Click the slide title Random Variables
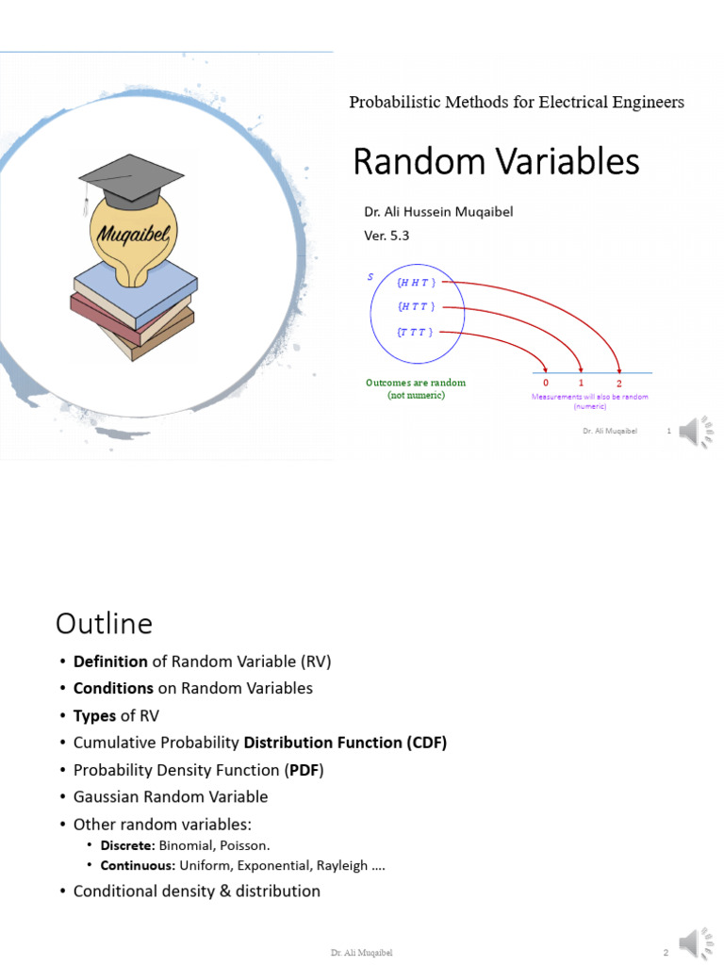pyautogui.click(x=496, y=162)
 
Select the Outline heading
pyautogui.click(x=104, y=624)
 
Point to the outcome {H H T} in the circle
pyautogui.click(x=415, y=282)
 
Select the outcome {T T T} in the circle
pyautogui.click(x=415, y=332)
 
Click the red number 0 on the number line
pyautogui.click(x=546, y=383)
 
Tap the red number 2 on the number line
pyautogui.click(x=618, y=384)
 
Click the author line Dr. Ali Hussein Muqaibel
pyautogui.click(x=438, y=212)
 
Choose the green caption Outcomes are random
pyautogui.click(x=416, y=383)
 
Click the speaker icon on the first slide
pyautogui.click(x=699, y=432)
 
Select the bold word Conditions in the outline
pyautogui.click(x=113, y=688)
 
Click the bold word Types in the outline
pyautogui.click(x=94, y=715)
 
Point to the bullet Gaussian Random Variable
pyautogui.click(x=171, y=796)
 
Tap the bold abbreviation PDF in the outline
pyautogui.click(x=305, y=770)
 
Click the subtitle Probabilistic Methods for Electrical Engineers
pyautogui.click(x=517, y=102)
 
